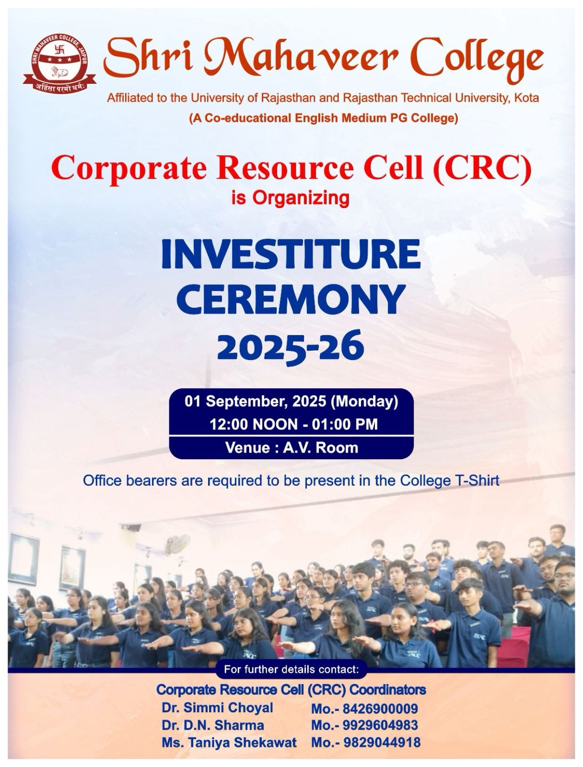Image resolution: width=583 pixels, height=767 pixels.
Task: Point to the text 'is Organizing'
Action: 290,198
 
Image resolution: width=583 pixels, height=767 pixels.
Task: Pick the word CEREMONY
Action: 291,300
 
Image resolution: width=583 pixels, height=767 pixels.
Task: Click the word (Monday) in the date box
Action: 364,402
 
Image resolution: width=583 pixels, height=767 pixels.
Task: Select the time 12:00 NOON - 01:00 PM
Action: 293,425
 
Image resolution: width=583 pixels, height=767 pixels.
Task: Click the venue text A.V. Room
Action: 320,448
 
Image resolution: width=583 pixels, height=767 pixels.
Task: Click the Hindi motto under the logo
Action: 59,87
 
